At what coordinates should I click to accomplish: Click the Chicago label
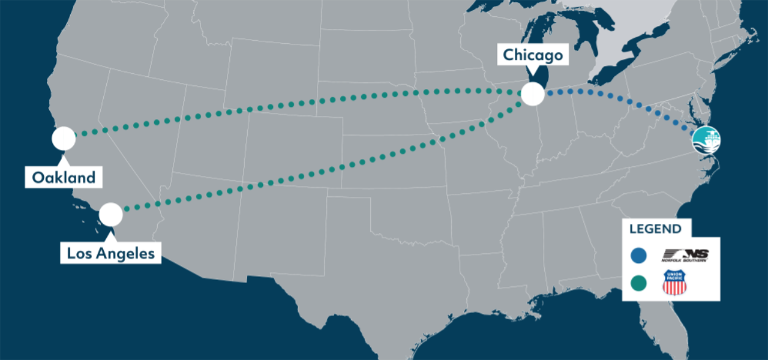[533, 55]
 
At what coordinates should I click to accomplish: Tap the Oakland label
[64, 178]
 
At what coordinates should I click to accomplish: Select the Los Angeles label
[111, 253]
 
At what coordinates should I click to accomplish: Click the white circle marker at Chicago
[532, 94]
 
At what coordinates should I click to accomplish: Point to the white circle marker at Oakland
[64, 139]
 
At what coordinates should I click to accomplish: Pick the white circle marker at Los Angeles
[111, 215]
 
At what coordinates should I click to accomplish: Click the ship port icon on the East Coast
[706, 140]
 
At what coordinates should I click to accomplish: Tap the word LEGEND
[655, 229]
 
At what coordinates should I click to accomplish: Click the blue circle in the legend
[639, 256]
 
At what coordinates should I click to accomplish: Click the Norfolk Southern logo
[685, 256]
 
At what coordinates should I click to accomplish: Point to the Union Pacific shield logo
[674, 283]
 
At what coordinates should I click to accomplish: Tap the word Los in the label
[77, 253]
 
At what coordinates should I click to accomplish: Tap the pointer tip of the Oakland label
[64, 159]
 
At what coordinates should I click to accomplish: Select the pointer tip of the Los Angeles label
[111, 235]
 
